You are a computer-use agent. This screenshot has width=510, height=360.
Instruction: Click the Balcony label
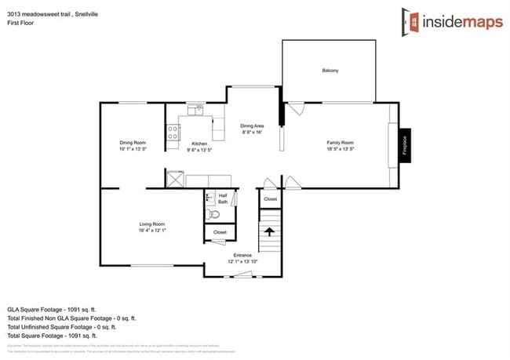tap(330, 71)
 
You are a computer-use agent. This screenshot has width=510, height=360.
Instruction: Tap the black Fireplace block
tap(405, 146)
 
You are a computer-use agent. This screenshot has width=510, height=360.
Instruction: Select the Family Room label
tap(341, 142)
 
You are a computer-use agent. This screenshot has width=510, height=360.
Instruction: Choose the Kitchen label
tap(199, 143)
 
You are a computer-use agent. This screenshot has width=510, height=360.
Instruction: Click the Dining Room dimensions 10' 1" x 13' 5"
tap(133, 148)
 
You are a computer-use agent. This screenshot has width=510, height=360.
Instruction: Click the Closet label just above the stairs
tap(270, 199)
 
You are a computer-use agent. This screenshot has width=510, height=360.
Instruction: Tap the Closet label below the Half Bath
tap(220, 232)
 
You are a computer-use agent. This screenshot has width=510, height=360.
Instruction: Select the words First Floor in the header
tap(19, 23)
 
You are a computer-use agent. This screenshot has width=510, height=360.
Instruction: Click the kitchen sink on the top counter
tap(196, 111)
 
